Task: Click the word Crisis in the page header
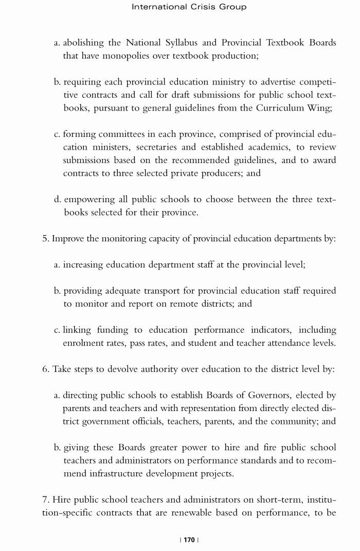(x=206, y=7)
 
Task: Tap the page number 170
(x=189, y=540)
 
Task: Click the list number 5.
(x=45, y=239)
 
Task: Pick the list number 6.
(x=45, y=369)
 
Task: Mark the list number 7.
(x=45, y=500)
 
